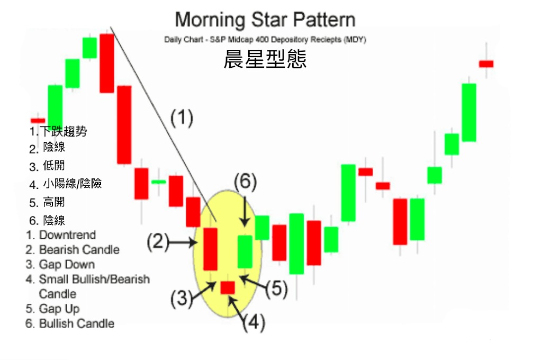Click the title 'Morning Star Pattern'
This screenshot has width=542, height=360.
pos(265,20)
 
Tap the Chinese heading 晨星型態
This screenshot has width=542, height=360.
pos(265,59)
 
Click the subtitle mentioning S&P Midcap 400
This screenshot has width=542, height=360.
pos(265,39)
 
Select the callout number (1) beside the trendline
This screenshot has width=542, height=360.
pos(182,118)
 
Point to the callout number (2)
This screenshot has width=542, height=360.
pos(158,241)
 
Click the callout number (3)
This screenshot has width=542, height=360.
pos(182,299)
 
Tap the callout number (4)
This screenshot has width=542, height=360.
pos(254,323)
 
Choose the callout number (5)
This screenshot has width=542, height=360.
pos(277,289)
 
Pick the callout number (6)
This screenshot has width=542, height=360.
pos(246,182)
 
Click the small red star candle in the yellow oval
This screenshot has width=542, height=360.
pos(228,287)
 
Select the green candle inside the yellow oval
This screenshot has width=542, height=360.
pos(245,252)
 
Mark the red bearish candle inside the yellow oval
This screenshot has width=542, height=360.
pos(210,249)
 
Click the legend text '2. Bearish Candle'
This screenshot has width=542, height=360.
pos(73,250)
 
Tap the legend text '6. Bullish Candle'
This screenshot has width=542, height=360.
pos(70,323)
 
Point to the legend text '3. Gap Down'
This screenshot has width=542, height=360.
pos(60,265)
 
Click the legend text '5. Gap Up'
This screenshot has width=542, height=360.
pos(52,309)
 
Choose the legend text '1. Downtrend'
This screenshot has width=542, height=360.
pos(61,235)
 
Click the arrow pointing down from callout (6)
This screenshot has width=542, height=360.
pos(245,212)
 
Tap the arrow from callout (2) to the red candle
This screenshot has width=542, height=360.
pos(183,242)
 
